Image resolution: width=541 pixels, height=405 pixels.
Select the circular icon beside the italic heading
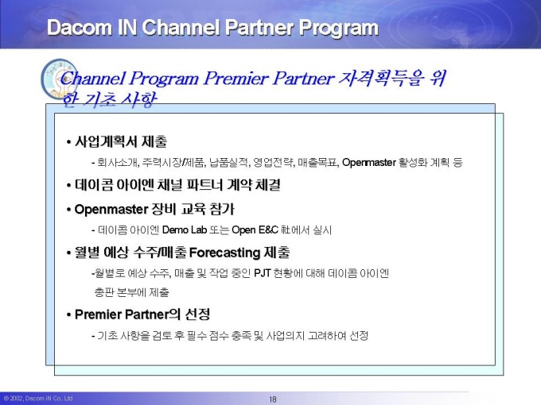click(60, 79)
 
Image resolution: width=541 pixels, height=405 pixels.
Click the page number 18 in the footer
click(273, 399)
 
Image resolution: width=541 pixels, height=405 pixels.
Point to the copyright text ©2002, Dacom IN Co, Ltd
click(38, 399)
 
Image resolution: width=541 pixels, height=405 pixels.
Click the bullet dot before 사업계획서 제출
click(68, 142)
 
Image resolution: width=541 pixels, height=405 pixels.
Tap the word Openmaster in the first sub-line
click(369, 162)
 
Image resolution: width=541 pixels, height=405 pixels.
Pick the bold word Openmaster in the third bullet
click(111, 210)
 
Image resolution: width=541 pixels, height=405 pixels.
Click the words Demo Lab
click(185, 229)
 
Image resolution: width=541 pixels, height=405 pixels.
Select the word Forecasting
click(224, 253)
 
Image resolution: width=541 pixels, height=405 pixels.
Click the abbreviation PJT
click(263, 273)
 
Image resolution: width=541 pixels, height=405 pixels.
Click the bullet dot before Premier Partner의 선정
click(68, 314)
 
